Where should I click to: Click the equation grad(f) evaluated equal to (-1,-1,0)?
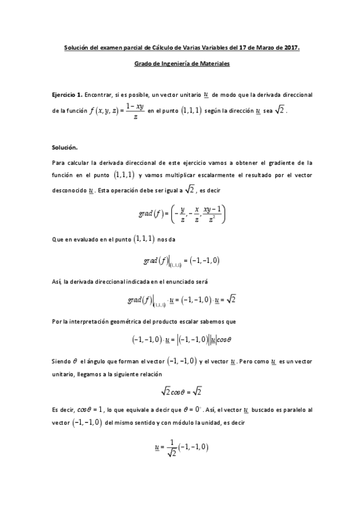(x=182, y=261)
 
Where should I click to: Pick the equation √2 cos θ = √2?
(x=182, y=392)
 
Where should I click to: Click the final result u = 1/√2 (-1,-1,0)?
(x=182, y=448)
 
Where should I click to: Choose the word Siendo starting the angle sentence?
(x=61, y=361)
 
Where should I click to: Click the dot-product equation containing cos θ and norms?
(x=182, y=340)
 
